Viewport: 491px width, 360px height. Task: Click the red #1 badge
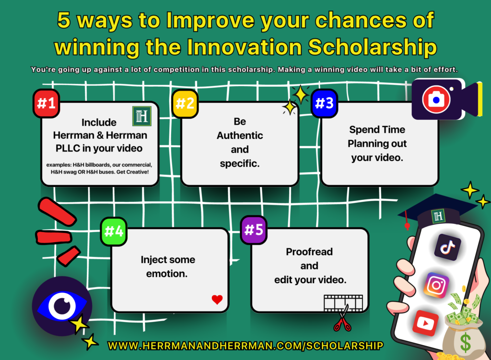pos(46,103)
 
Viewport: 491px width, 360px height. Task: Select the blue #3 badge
pos(325,103)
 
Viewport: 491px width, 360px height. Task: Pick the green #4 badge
pos(114,231)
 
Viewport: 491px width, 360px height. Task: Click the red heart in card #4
pos(217,300)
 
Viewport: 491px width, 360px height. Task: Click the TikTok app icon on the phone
pos(447,247)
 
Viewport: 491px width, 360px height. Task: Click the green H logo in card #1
pos(142,116)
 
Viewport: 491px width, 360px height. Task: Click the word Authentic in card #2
pos(240,135)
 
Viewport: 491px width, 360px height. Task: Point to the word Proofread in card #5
pos(309,252)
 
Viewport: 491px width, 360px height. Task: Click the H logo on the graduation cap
pos(438,216)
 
